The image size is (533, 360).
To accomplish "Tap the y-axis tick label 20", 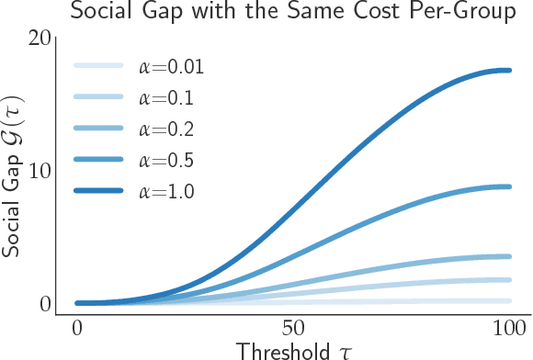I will (39, 39).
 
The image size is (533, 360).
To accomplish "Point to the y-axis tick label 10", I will (39, 171).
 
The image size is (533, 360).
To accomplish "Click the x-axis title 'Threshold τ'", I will (292, 350).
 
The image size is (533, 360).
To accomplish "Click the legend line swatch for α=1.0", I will (98, 191).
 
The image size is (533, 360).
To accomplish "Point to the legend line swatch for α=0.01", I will (98, 66).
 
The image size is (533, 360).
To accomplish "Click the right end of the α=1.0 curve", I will (509, 70).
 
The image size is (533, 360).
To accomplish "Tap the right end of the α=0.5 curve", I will (509, 186).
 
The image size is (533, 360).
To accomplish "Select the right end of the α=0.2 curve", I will (509, 256).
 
